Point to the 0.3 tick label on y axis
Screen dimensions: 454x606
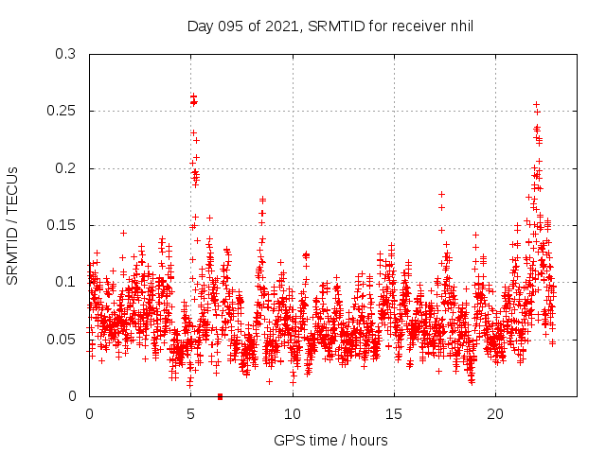[65, 54]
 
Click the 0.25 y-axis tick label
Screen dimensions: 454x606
[62, 111]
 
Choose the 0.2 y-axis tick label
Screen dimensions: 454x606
[65, 168]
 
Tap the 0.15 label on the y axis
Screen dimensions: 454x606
[62, 225]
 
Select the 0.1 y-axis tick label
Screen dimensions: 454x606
[65, 282]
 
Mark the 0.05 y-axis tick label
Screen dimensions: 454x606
[62, 339]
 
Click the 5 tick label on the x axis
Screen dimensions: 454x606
[191, 414]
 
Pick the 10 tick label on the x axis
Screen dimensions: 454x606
[293, 414]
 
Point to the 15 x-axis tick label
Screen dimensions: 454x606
[394, 414]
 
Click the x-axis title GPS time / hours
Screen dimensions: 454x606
[330, 441]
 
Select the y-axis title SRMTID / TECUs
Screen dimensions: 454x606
[12, 225]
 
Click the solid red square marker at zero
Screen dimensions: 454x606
[220, 396]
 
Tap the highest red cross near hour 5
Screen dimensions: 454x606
[193, 96]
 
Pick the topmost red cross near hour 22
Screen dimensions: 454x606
[536, 104]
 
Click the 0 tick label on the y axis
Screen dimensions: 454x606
[73, 396]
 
